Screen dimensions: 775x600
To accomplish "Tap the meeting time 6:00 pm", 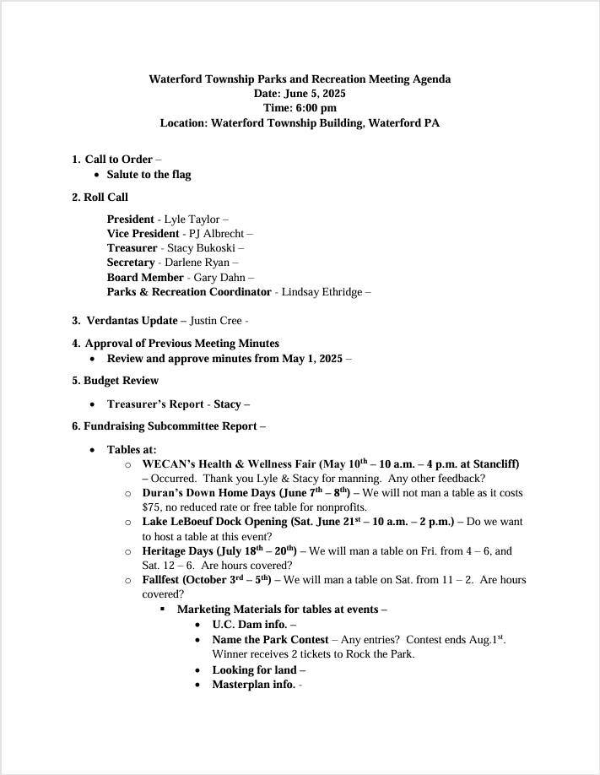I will pos(316,108).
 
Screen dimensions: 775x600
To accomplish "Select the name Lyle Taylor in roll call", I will pos(191,219).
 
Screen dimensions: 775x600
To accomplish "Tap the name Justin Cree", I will pos(214,321).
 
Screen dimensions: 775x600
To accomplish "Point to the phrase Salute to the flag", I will pos(149,175).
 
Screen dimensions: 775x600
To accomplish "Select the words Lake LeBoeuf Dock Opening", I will pos(214,522).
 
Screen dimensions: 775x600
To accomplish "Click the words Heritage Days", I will pos(176,551).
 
